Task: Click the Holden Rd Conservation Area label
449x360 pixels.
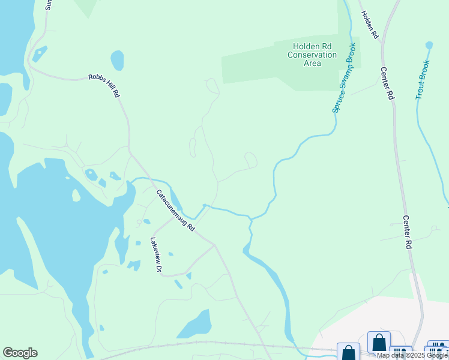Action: pos(312,55)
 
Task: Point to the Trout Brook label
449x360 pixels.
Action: pos(423,79)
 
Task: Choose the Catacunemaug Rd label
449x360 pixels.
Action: pos(176,211)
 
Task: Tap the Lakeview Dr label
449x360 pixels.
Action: pos(156,255)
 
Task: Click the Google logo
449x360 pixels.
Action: pos(20,353)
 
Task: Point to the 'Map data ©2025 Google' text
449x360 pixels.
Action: pos(412,356)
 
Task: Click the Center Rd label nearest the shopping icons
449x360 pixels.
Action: pos(407,232)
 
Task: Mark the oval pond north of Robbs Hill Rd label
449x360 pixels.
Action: pos(117,60)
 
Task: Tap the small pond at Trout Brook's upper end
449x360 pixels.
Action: pos(429,45)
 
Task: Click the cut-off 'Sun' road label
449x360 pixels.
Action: pos(49,5)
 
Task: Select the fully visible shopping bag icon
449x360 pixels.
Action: pos(379,343)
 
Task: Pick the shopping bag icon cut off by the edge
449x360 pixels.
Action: pos(348,352)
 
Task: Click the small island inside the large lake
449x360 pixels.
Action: pos(76,195)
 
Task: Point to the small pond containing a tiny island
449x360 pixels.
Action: pos(92,175)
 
